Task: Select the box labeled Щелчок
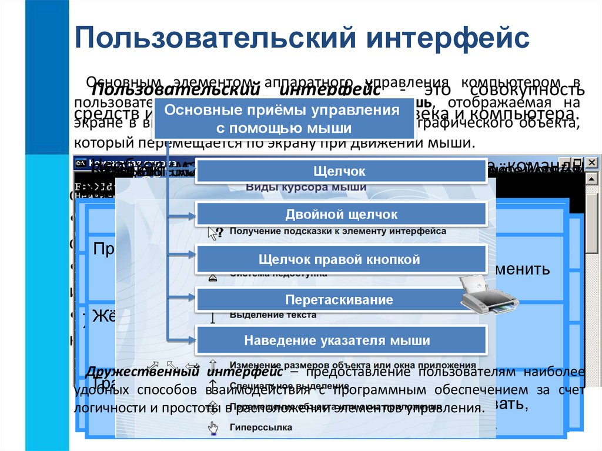[x=340, y=171]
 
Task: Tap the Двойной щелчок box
[x=340, y=215]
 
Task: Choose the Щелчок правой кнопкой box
[x=340, y=259]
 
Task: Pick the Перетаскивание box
[x=340, y=300]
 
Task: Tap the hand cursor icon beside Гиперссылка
[x=212, y=427]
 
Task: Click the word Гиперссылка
[x=260, y=427]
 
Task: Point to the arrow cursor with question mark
[x=215, y=232]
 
